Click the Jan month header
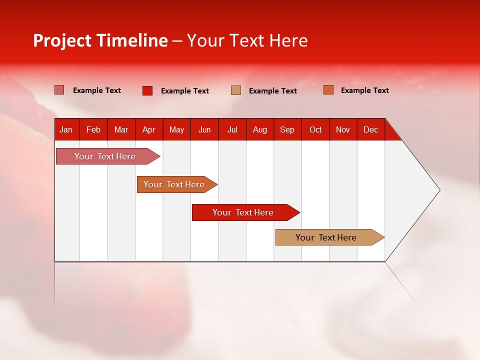(x=66, y=130)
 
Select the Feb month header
(x=93, y=130)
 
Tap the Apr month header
(x=148, y=130)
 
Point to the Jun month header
(x=204, y=130)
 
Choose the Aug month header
(x=259, y=130)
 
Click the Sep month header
(x=287, y=130)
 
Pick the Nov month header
(x=342, y=130)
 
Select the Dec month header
(x=370, y=130)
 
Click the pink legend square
(x=59, y=90)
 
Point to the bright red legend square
(x=147, y=90)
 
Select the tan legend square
(x=235, y=90)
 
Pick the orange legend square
(x=328, y=90)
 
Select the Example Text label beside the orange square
(x=364, y=90)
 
